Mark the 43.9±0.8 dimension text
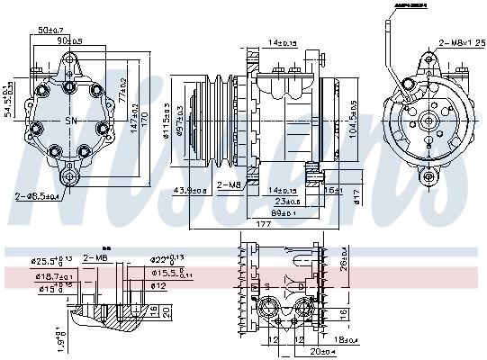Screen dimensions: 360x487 [x=189, y=190]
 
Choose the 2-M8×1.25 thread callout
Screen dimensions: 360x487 [x=459, y=42]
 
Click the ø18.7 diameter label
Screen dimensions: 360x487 [x=56, y=278]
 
